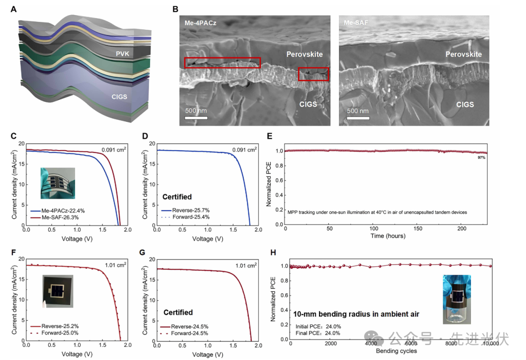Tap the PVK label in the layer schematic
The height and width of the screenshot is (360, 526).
pyautogui.click(x=124, y=54)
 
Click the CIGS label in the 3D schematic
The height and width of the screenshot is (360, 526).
pyautogui.click(x=119, y=96)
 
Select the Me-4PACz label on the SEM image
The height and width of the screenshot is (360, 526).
pyautogui.click(x=200, y=23)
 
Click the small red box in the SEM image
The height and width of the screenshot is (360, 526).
pyautogui.click(x=313, y=74)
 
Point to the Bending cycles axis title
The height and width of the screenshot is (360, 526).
pyautogui.click(x=396, y=351)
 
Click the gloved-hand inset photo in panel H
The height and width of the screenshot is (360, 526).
pyautogui.click(x=456, y=299)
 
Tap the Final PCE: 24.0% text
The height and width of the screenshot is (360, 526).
pyautogui.click(x=318, y=333)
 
